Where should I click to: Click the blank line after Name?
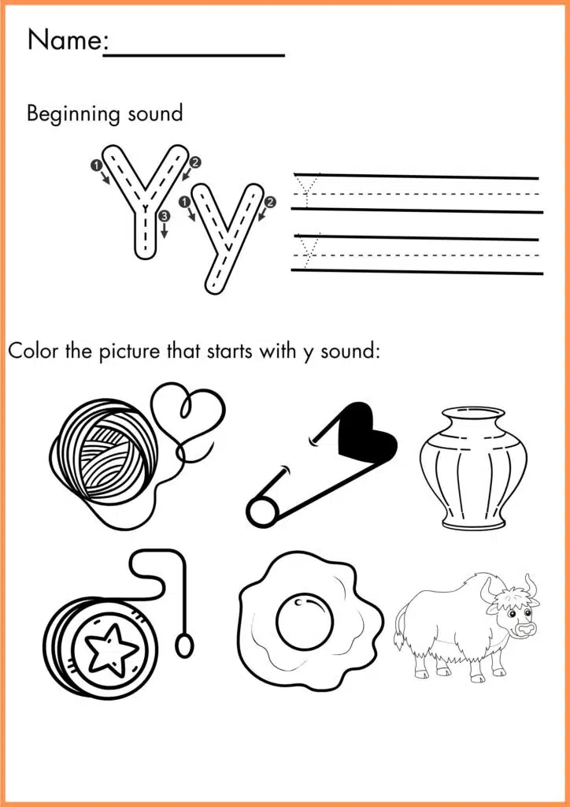coord(194,54)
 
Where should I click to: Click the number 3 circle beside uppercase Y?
coord(163,215)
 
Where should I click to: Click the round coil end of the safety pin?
coord(258,512)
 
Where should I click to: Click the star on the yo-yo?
coord(110,648)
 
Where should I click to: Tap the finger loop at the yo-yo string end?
coord(184,646)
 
